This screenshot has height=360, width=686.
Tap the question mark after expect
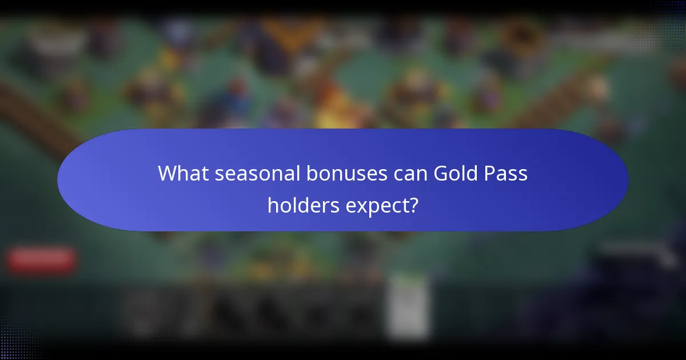point(413,206)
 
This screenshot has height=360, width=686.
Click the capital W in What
point(167,173)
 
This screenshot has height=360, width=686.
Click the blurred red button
point(41,259)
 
